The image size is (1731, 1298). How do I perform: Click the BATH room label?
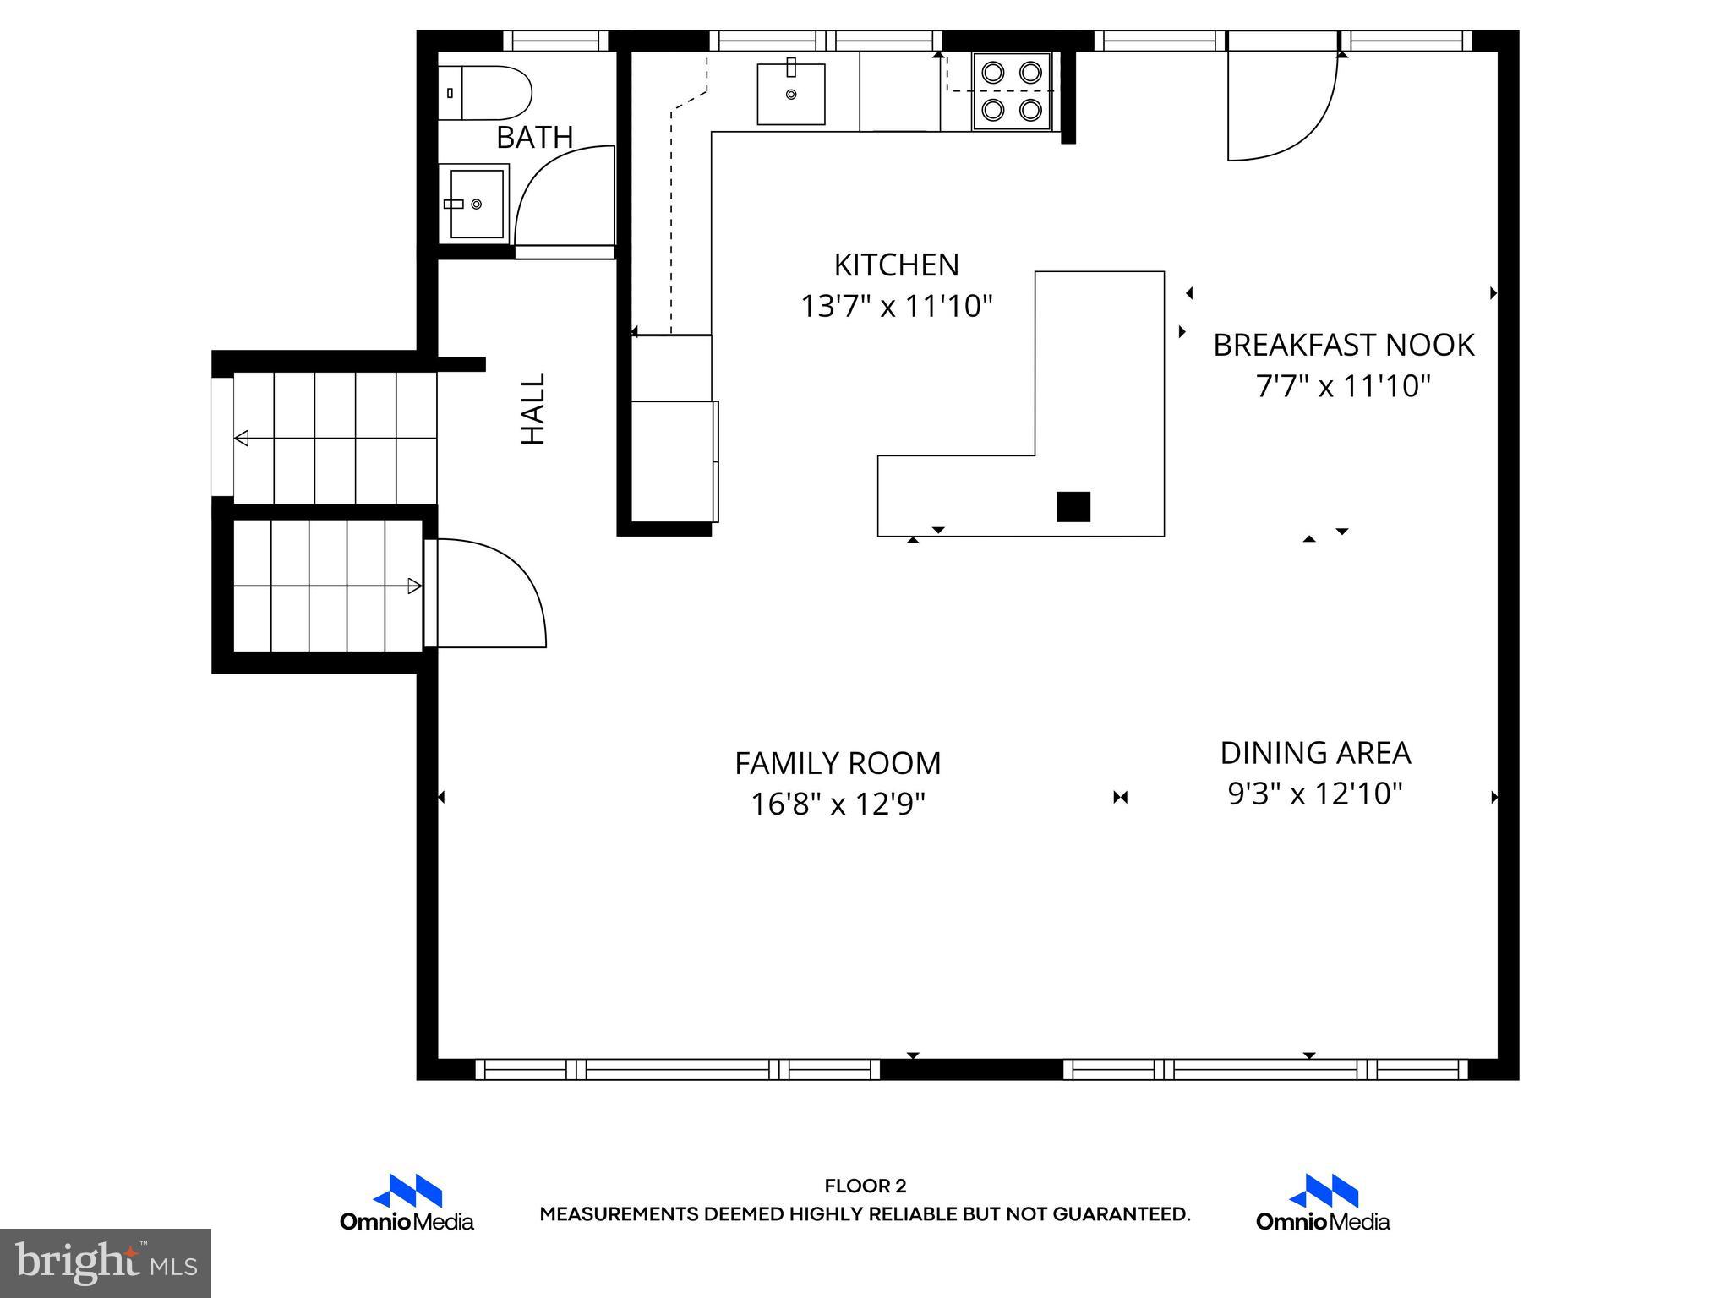click(x=534, y=137)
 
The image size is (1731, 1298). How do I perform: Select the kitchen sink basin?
click(x=790, y=93)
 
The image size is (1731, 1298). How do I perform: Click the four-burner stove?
click(x=1012, y=90)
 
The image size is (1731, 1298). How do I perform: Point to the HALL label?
click(x=533, y=409)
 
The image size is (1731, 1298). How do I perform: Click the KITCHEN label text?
click(x=896, y=265)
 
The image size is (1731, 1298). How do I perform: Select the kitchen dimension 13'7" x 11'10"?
click(x=896, y=306)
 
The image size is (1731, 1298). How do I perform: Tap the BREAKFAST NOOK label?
click(x=1343, y=345)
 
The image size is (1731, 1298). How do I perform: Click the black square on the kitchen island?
click(x=1073, y=506)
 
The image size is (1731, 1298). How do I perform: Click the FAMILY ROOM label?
click(x=837, y=763)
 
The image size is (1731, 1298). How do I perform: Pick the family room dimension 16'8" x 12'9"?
click(x=837, y=804)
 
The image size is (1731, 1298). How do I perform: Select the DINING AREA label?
click(x=1315, y=753)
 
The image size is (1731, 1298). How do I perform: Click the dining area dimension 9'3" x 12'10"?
click(x=1315, y=794)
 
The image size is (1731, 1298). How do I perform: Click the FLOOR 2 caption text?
click(x=865, y=1186)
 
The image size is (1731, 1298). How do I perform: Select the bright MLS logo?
click(x=106, y=1263)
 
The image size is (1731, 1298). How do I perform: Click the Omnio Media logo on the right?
click(x=1323, y=1202)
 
